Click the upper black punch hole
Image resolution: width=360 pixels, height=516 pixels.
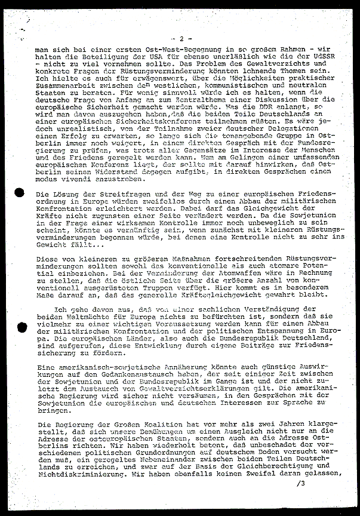(x=19, y=193)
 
